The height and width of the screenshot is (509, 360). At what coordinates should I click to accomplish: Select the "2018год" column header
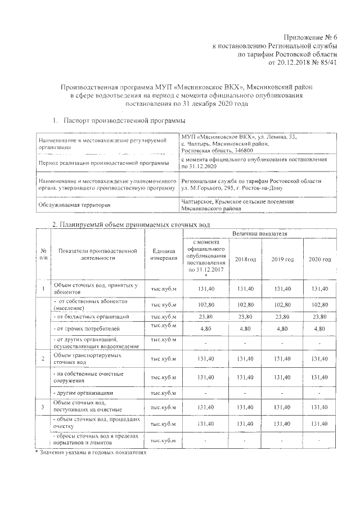click(245, 259)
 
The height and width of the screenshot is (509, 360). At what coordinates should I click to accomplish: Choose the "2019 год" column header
click(283, 259)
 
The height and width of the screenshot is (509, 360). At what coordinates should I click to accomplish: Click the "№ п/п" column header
click(43, 255)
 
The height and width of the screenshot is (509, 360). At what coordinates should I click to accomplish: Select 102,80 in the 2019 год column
click(283, 304)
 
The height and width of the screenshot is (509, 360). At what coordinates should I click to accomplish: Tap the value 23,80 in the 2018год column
click(245, 317)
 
